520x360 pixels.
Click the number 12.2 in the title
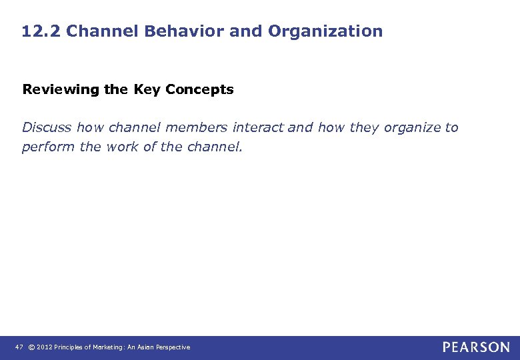point(41,31)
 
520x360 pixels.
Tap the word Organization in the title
point(325,31)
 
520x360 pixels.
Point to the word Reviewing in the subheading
point(60,89)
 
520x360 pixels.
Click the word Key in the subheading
point(147,89)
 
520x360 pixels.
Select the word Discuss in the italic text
point(47,127)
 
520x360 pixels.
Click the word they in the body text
point(364,127)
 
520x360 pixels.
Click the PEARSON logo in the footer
point(476,347)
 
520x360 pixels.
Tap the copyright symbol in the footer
point(31,347)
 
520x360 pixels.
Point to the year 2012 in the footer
point(44,347)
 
